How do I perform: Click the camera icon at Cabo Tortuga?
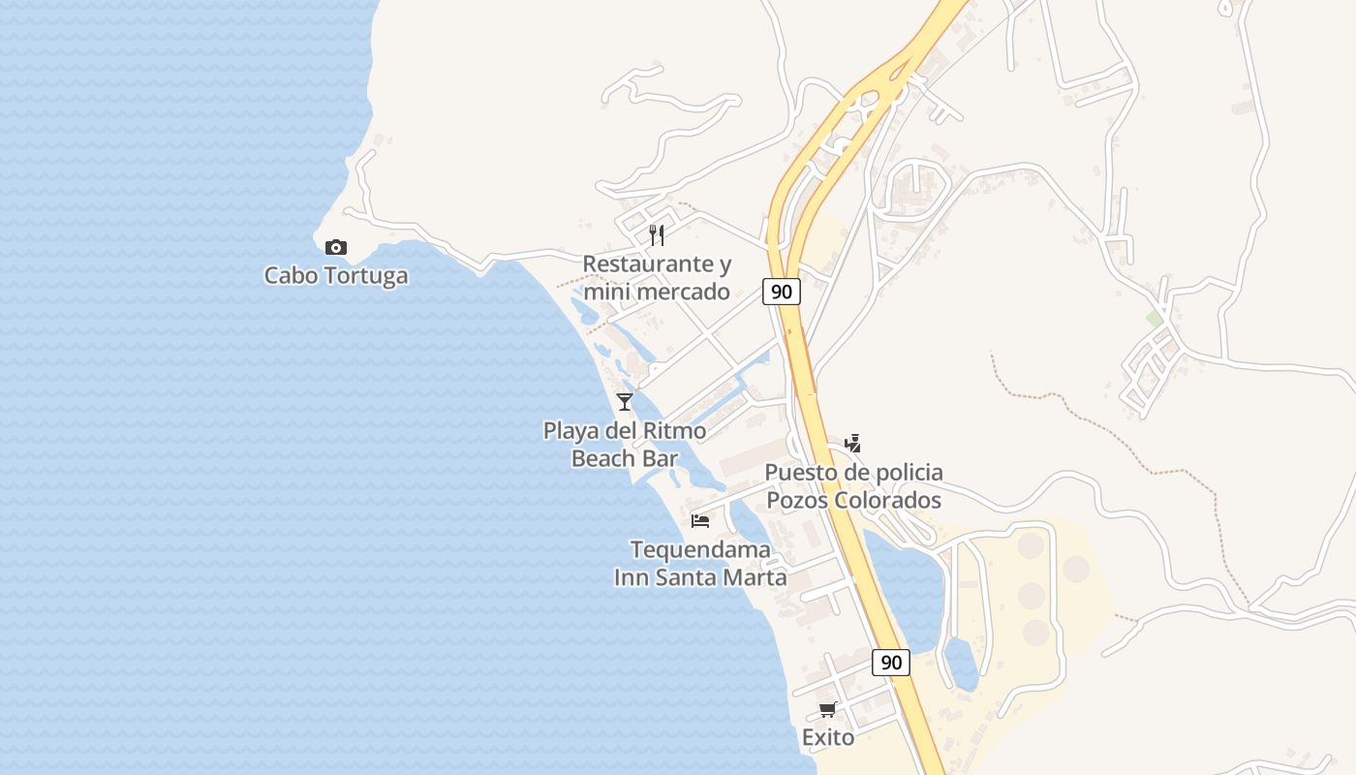tap(336, 248)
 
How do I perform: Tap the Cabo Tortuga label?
tap(336, 276)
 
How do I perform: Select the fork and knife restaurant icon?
tap(657, 234)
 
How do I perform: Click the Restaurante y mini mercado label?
tap(657, 277)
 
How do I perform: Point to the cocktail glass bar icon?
tap(625, 401)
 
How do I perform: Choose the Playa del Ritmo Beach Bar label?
tap(625, 445)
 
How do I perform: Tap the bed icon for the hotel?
tap(700, 521)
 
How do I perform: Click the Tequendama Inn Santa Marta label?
tap(700, 564)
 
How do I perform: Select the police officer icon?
tap(852, 444)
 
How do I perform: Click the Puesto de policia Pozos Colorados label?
tap(854, 486)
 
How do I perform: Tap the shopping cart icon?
tap(828, 710)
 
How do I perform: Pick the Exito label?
tap(828, 738)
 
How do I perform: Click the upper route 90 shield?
tap(782, 292)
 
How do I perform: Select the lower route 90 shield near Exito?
tap(891, 663)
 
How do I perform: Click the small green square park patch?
tap(1154, 318)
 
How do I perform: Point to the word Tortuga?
tap(367, 276)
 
